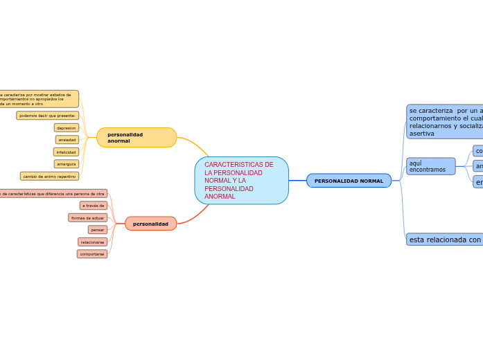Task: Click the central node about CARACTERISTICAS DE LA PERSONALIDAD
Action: coord(241,181)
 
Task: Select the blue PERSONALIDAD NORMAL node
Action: coord(349,181)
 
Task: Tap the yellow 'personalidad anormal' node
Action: coord(137,138)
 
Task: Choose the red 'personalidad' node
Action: coord(150,224)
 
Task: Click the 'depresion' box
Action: coord(67,128)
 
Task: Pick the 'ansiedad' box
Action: coord(67,140)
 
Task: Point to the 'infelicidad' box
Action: coord(66,152)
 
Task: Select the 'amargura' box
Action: coord(67,164)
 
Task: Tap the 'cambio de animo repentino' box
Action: coord(49,177)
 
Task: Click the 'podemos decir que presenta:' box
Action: coord(48,116)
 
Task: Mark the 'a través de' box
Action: coord(93,206)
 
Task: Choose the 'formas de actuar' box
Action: coord(88,218)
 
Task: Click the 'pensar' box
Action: coord(98,230)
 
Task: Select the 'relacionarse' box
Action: coord(92,242)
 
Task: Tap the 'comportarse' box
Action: coord(92,254)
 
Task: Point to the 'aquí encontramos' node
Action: coord(430,166)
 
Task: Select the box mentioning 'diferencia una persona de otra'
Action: coord(53,194)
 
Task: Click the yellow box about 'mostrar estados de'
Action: coord(39,99)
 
